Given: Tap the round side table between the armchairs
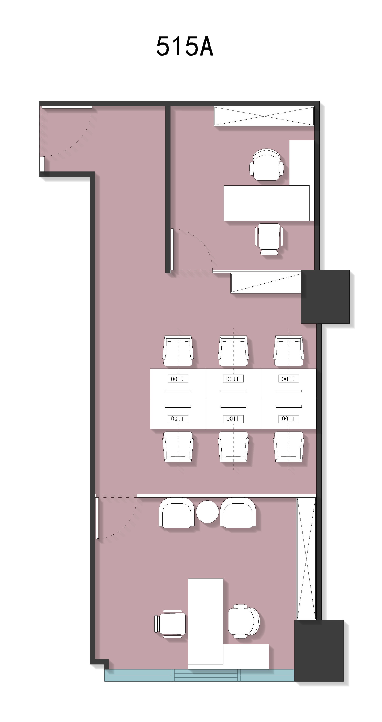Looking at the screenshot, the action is (207, 512).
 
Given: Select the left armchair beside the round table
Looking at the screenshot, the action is (177, 513).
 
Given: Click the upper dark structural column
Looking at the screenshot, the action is (325, 297).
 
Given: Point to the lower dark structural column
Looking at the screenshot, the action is (319, 651).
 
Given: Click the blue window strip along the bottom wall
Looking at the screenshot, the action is (199, 675).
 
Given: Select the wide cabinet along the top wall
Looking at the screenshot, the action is (264, 116).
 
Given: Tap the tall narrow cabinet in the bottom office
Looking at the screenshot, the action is (306, 559).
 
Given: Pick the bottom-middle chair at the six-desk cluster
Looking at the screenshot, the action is (233, 446).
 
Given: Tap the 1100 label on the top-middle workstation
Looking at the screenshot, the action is (233, 379).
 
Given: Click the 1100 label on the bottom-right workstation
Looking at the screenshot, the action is (289, 419).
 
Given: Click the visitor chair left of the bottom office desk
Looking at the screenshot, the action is (170, 624).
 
